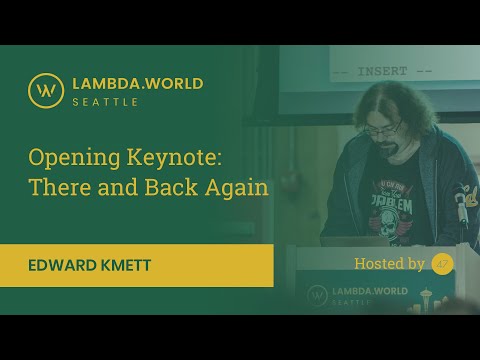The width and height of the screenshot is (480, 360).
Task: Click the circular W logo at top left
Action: point(45,90)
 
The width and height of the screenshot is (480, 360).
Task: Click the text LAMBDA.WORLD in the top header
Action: point(138,83)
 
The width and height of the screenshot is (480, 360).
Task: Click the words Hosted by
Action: point(389,264)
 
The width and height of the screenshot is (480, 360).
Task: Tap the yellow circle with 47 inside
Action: point(442,264)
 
